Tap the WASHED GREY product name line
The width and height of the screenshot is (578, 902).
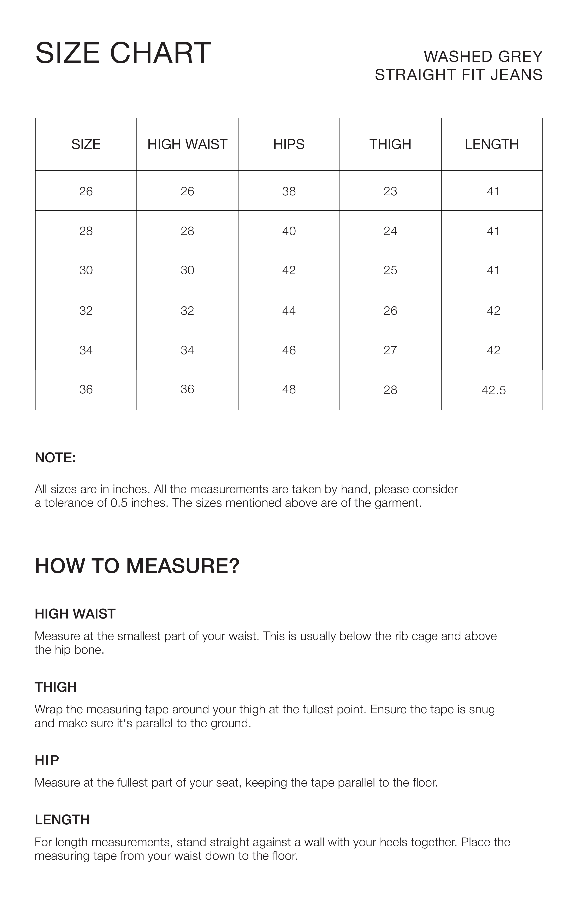click(x=483, y=57)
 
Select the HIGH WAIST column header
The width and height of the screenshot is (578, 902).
click(x=187, y=144)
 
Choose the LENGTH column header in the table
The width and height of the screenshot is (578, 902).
click(x=492, y=144)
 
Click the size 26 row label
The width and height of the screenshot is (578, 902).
click(x=86, y=191)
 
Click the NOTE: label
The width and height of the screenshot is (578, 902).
click(x=55, y=458)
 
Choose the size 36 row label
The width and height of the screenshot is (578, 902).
click(x=86, y=390)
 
